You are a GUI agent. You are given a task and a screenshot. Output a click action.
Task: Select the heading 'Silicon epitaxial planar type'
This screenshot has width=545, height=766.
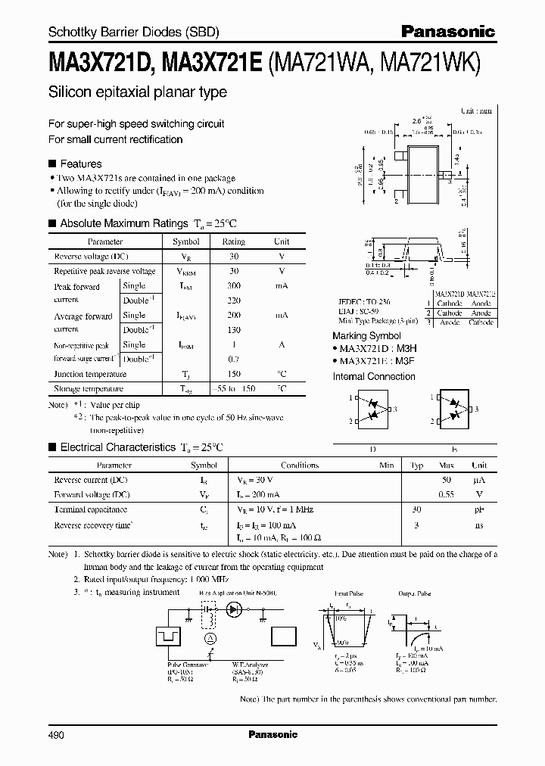point(137,92)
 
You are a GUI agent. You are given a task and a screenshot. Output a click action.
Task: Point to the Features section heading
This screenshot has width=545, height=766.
point(80,163)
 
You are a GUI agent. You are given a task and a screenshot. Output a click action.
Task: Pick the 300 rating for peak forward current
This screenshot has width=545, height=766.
point(233,286)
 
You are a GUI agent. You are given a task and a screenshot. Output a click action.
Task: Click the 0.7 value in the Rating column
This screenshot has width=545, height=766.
point(233,359)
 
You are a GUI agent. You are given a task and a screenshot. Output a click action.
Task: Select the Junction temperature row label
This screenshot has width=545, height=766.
point(90,374)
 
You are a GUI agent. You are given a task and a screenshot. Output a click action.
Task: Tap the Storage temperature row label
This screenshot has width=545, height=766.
point(89,388)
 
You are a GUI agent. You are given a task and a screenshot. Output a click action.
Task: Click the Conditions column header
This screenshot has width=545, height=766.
point(300,466)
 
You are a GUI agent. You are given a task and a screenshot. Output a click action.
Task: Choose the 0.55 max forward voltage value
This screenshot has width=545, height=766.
point(447,494)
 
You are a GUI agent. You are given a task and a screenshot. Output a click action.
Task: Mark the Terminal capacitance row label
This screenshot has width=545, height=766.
point(90,509)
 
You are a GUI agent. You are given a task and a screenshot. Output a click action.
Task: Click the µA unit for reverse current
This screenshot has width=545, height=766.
point(478,480)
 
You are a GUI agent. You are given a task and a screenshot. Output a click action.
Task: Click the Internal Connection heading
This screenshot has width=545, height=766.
point(374,375)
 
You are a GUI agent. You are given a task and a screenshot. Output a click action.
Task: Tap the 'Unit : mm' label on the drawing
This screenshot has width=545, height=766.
point(476,111)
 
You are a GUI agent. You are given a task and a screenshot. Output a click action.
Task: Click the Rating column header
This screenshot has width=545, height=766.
point(233,242)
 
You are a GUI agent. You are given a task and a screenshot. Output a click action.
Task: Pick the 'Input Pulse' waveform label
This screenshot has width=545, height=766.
point(348,595)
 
